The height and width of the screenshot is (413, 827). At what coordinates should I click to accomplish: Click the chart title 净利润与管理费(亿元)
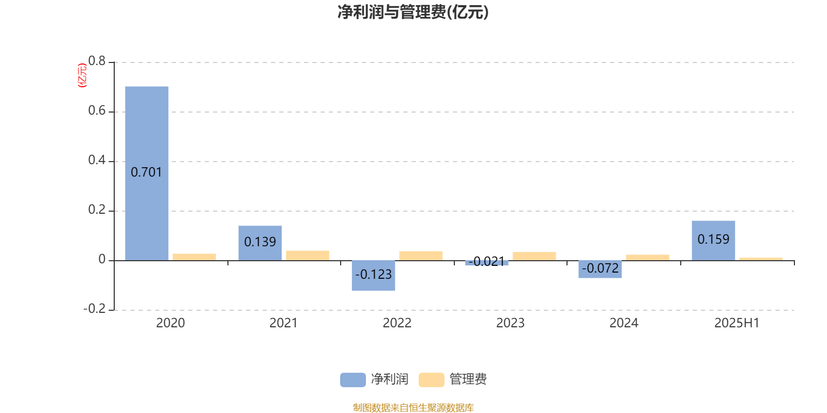click(x=413, y=12)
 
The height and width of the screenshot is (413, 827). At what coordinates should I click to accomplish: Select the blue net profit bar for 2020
click(x=147, y=173)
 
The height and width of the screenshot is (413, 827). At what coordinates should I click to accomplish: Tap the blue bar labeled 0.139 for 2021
click(x=260, y=243)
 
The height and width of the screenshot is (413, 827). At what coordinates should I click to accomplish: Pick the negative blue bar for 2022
click(x=373, y=276)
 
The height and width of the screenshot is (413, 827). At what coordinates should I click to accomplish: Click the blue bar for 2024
click(x=600, y=269)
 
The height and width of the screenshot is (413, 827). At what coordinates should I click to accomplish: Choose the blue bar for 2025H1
click(x=713, y=241)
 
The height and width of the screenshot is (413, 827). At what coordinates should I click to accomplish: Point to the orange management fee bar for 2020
click(x=194, y=257)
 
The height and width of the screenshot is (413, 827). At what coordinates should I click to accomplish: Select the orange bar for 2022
click(x=421, y=256)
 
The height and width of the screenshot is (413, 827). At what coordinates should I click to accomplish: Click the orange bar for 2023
click(x=534, y=256)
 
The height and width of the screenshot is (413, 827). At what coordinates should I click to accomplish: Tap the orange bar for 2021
click(x=308, y=256)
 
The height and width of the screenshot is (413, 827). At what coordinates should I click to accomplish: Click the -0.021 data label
click(x=486, y=261)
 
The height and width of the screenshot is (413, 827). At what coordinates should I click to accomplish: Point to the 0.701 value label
click(x=147, y=172)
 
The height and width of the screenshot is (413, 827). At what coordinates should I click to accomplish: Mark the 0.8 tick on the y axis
click(x=97, y=61)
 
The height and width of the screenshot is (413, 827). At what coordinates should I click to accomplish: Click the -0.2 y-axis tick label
click(x=95, y=308)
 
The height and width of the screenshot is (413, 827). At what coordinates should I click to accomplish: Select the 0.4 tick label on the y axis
click(x=97, y=160)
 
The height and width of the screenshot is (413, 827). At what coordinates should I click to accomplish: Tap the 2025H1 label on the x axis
click(x=737, y=323)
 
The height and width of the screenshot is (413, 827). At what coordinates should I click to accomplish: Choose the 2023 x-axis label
click(x=510, y=323)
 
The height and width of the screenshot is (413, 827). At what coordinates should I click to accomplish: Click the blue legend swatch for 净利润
click(x=353, y=380)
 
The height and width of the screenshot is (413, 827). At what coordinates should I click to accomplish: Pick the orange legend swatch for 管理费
click(x=431, y=380)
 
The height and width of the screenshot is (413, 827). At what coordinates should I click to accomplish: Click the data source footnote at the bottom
click(x=413, y=407)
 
